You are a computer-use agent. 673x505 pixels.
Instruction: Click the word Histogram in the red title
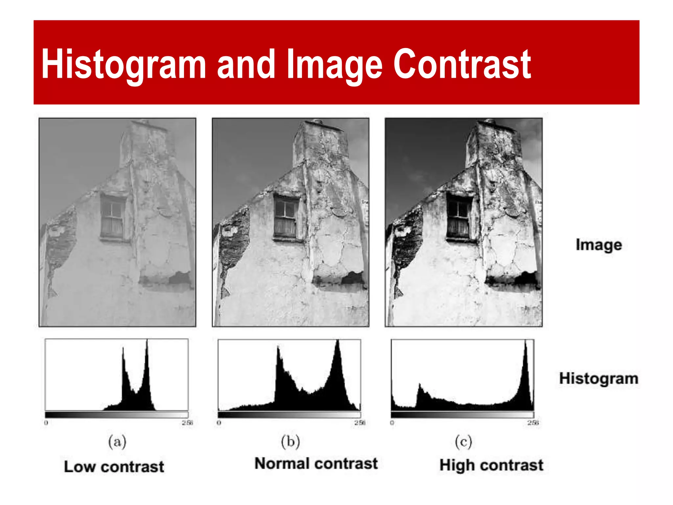(124, 64)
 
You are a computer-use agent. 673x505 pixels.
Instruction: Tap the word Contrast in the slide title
(462, 64)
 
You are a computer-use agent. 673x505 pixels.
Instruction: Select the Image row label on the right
(599, 245)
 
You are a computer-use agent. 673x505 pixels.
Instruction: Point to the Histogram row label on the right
(599, 378)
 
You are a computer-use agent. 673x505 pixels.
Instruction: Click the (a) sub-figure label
(117, 442)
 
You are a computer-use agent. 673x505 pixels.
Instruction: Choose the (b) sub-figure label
(290, 442)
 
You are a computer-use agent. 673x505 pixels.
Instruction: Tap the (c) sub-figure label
(463, 442)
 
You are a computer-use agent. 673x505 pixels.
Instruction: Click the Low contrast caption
(114, 467)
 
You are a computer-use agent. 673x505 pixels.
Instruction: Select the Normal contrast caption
(316, 464)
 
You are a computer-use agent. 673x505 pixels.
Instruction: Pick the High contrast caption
(491, 465)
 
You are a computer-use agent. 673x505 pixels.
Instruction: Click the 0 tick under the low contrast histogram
(46, 423)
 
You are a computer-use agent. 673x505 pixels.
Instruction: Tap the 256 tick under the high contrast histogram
(533, 423)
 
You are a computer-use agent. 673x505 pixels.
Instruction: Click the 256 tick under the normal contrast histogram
(360, 423)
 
